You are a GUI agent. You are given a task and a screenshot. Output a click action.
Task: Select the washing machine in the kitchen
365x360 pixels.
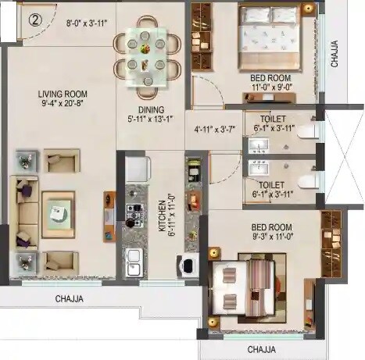coord(188,266)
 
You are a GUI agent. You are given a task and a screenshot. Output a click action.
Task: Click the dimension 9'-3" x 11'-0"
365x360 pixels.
coord(272,233)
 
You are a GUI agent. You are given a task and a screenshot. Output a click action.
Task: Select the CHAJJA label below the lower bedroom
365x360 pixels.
coord(263,349)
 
